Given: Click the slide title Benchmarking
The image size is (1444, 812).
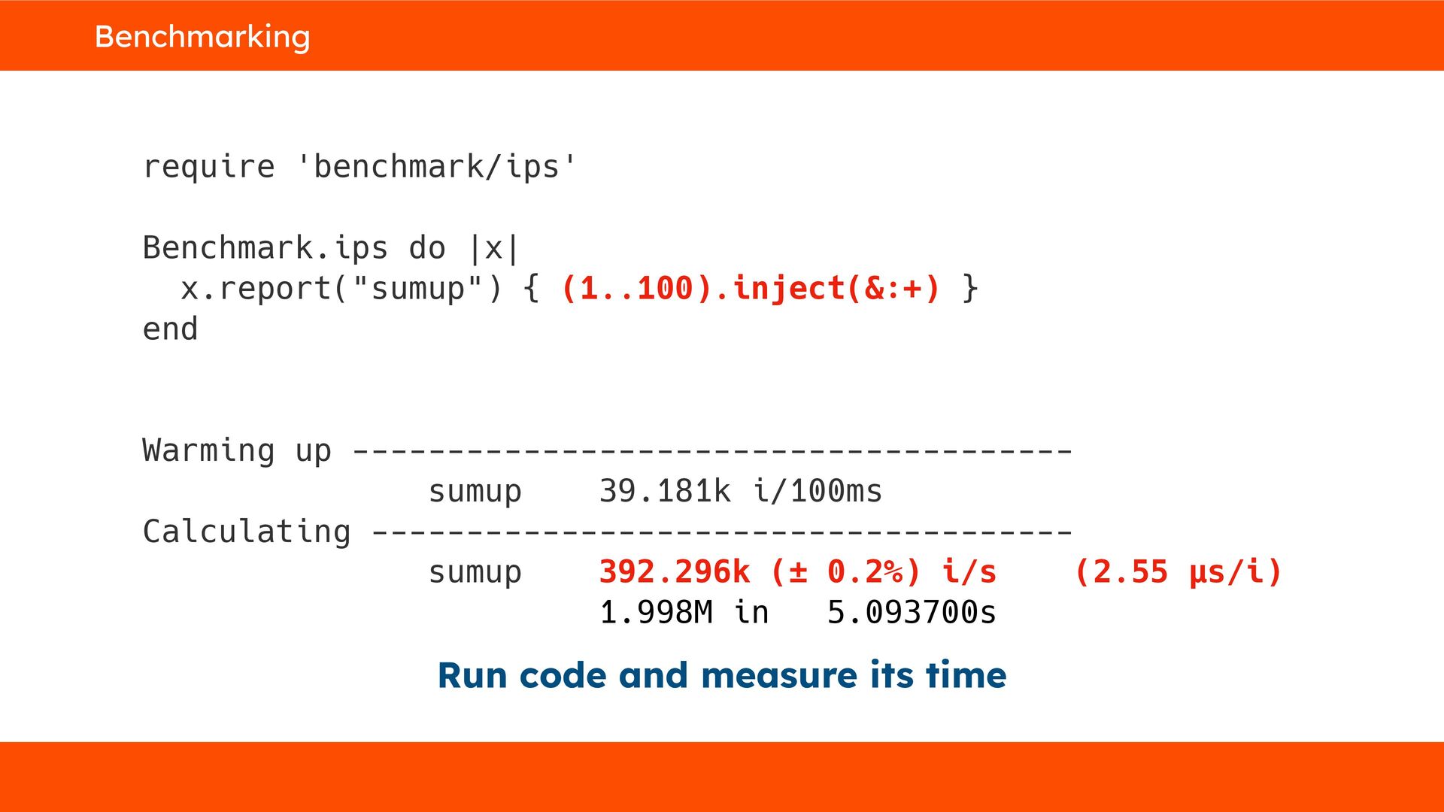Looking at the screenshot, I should point(202,36).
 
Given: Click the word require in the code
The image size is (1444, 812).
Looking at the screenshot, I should point(208,166).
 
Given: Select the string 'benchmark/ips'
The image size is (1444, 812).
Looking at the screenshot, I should point(436,166).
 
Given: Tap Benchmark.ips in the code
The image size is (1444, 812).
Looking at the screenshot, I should point(265,247).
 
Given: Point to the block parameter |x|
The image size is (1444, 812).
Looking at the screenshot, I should point(493,247).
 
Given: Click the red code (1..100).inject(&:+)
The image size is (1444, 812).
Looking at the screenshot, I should point(751,288).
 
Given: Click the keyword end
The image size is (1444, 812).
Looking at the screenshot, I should point(170,329).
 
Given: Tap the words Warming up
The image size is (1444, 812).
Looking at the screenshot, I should point(236,450).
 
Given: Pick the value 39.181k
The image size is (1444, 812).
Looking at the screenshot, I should point(664,491).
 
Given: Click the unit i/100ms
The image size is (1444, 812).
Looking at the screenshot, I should point(817,491).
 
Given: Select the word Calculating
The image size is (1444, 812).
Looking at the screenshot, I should point(246,532).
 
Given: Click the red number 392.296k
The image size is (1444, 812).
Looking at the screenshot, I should point(674,572).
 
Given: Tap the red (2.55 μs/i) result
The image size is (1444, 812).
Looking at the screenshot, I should point(1178,572).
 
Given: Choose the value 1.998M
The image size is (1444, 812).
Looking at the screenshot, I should point(655,613).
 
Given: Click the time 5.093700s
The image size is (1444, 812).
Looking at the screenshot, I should point(912,613).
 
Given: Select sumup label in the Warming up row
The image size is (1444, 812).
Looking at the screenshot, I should point(475,491).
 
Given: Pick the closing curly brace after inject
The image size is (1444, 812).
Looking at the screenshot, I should point(969,288).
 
